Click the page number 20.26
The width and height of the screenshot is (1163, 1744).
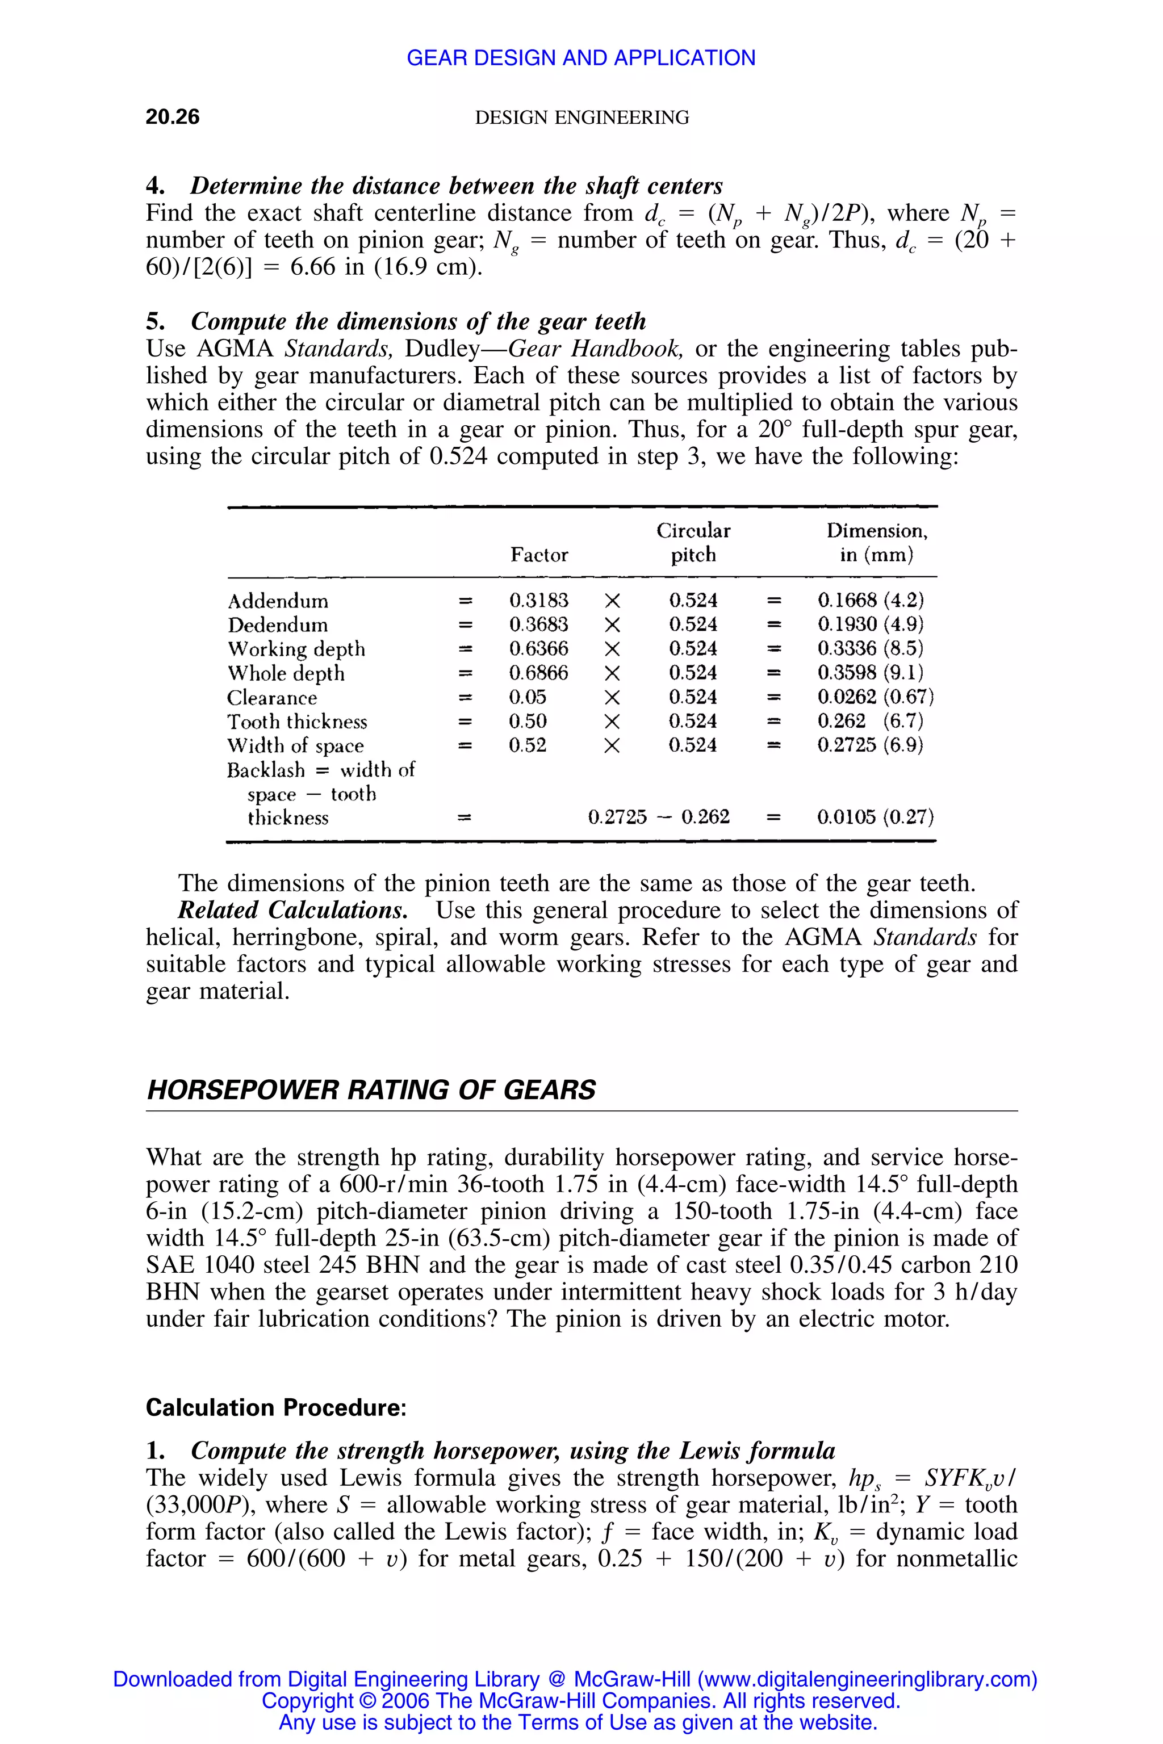click(172, 116)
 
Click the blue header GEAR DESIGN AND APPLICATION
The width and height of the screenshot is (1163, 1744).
click(581, 58)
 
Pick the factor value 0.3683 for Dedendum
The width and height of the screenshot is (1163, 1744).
click(538, 624)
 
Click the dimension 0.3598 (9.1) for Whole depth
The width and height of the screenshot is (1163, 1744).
click(870, 673)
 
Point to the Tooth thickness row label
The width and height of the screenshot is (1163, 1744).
click(296, 722)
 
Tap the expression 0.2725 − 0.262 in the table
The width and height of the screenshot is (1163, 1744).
click(659, 817)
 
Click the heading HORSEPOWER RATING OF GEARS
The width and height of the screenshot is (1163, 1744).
click(371, 1090)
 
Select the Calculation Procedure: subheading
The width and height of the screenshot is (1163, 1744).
click(276, 1407)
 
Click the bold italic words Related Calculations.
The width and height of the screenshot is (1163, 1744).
click(292, 910)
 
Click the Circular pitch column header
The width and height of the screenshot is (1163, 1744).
click(693, 543)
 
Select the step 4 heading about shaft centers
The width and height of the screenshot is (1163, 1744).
click(434, 186)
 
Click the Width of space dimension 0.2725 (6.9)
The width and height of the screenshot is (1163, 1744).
click(869, 745)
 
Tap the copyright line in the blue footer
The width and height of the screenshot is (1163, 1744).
click(581, 1700)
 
